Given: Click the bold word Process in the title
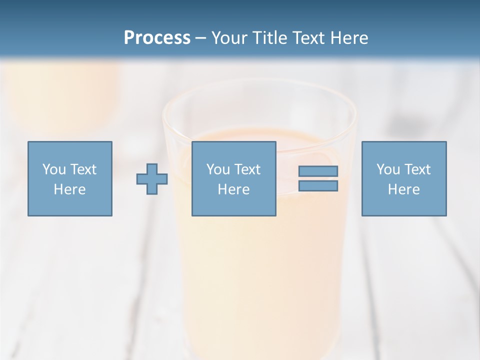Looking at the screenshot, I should click(x=157, y=37).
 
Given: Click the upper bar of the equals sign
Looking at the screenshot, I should click(x=318, y=171).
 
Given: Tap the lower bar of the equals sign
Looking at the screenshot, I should click(x=318, y=186).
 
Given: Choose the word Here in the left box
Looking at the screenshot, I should click(x=69, y=189).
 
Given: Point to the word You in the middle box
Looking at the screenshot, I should click(x=217, y=169).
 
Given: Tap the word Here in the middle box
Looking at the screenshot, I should click(x=233, y=189).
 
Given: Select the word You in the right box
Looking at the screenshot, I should click(x=387, y=169).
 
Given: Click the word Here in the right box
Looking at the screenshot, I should click(x=403, y=189).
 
